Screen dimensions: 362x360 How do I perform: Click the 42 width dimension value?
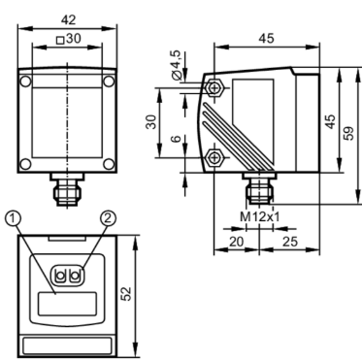point(68,20)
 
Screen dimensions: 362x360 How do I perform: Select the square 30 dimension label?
point(69,39)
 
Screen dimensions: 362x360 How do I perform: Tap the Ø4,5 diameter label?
point(178,65)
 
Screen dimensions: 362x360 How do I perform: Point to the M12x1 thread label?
point(259,216)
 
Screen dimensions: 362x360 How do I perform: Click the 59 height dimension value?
point(349,133)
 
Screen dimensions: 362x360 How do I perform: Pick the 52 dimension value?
point(127,294)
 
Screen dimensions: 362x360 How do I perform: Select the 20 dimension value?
point(237,242)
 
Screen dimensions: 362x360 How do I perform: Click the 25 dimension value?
point(290,242)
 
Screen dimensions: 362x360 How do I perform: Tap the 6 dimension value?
point(176,139)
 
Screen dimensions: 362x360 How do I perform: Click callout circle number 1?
point(13,218)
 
